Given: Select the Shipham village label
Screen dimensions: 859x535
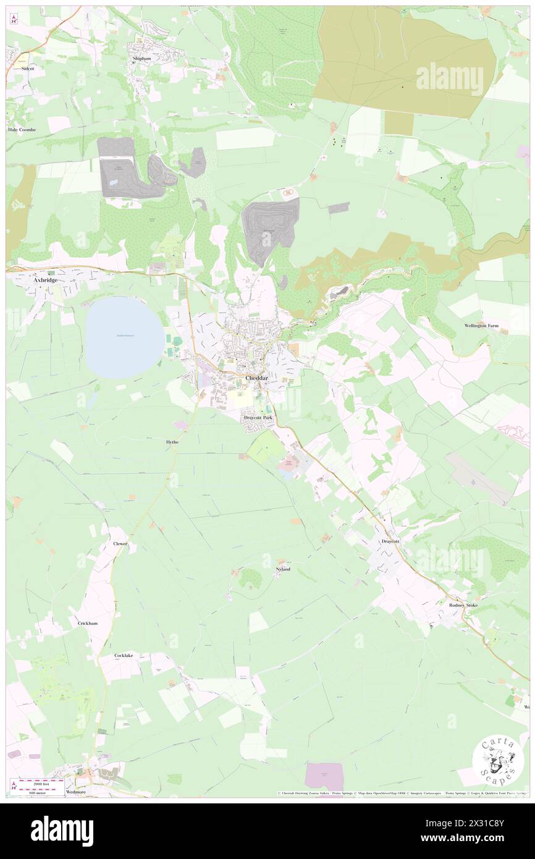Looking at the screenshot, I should (141, 59).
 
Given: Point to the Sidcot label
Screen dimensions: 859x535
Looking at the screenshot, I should (27, 69).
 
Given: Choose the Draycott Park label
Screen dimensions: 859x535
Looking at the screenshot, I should (258, 418).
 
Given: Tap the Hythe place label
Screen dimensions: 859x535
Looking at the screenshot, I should (172, 442).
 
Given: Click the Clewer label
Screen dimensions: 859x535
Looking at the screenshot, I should (120, 544).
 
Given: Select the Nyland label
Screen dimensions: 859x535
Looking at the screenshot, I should (282, 569).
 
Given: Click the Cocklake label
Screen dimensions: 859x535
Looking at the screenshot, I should (124, 655).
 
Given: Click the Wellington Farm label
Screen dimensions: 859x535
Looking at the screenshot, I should (487, 326).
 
